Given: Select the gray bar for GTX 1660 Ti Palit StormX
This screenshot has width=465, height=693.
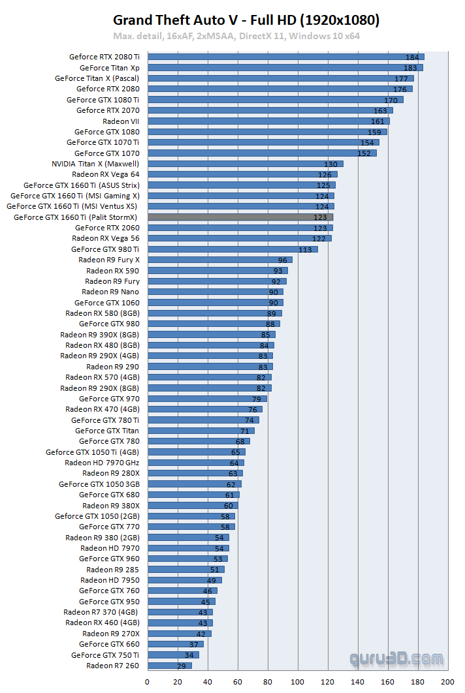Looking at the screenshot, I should (240, 217).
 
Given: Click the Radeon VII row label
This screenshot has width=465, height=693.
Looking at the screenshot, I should (121, 121).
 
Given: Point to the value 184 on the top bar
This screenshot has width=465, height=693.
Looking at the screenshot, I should (412, 57).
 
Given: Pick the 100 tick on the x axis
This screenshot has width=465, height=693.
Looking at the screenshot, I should (298, 682).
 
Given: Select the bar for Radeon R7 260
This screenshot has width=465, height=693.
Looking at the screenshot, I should (168, 666).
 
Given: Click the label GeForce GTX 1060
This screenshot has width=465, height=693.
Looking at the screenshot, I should (106, 303).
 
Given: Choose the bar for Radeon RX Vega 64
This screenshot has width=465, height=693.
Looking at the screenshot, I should (242, 174).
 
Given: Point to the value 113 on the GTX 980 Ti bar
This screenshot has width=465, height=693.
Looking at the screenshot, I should (305, 249).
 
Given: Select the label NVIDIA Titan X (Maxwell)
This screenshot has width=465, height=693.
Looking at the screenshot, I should (95, 164).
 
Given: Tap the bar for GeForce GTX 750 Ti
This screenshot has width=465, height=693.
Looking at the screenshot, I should (172, 655).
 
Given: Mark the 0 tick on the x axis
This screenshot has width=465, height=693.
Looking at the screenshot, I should (147, 682).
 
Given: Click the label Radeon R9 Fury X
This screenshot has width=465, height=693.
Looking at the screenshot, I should (108, 260).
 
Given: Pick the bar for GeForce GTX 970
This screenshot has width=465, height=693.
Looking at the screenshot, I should (206, 399).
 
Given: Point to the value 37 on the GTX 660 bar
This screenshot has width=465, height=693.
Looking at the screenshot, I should (193, 645).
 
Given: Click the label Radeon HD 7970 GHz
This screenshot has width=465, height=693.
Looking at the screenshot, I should (102, 463).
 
